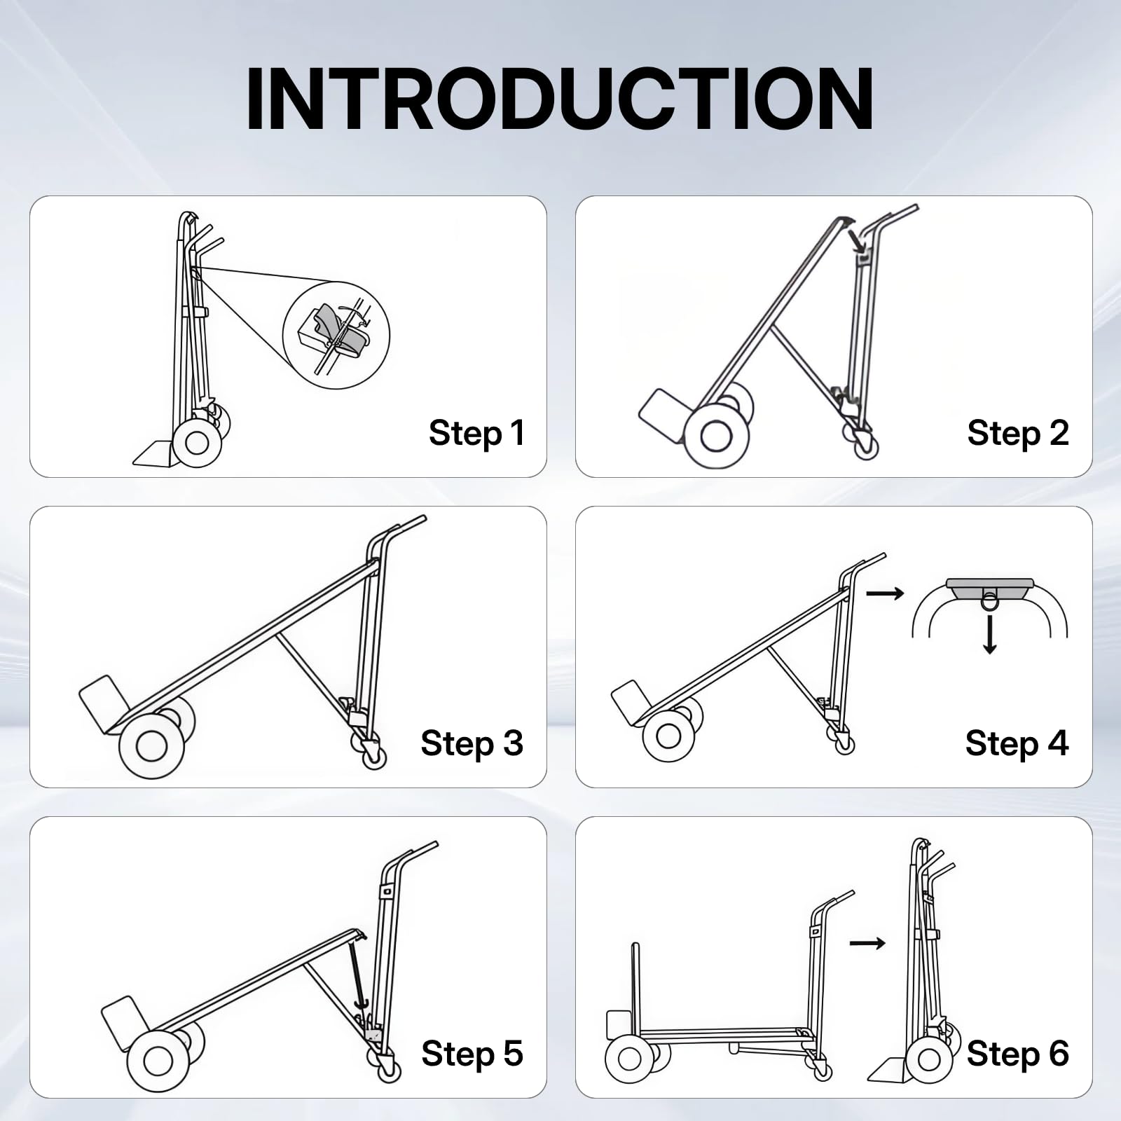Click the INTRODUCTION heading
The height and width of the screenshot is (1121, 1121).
pyautogui.click(x=560, y=99)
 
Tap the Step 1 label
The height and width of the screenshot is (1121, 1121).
pyautogui.click(x=476, y=433)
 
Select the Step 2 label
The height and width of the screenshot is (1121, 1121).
pyautogui.click(x=1018, y=433)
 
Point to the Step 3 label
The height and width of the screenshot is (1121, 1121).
pyautogui.click(x=472, y=743)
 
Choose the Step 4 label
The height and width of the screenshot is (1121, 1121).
pyautogui.click(x=1017, y=743)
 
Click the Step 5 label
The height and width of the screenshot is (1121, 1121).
pyautogui.click(x=472, y=1054)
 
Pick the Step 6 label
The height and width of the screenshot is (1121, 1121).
pyautogui.click(x=1017, y=1054)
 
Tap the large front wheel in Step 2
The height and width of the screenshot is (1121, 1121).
pyautogui.click(x=716, y=436)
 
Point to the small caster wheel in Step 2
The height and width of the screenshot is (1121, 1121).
pyautogui.click(x=866, y=446)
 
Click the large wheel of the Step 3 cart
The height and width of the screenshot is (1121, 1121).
pyautogui.click(x=151, y=745)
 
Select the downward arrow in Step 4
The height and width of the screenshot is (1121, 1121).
pyautogui.click(x=989, y=634)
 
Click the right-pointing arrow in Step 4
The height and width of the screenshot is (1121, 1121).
pyautogui.click(x=886, y=594)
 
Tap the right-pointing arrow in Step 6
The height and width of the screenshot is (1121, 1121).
pyautogui.click(x=867, y=943)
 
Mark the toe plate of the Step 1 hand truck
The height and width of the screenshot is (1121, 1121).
pyautogui.click(x=154, y=453)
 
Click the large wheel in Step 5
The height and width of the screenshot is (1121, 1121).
pyautogui.click(x=158, y=1061)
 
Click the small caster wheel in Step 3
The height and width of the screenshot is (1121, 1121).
pyautogui.click(x=374, y=757)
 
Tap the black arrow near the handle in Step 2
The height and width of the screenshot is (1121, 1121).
pyautogui.click(x=856, y=240)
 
